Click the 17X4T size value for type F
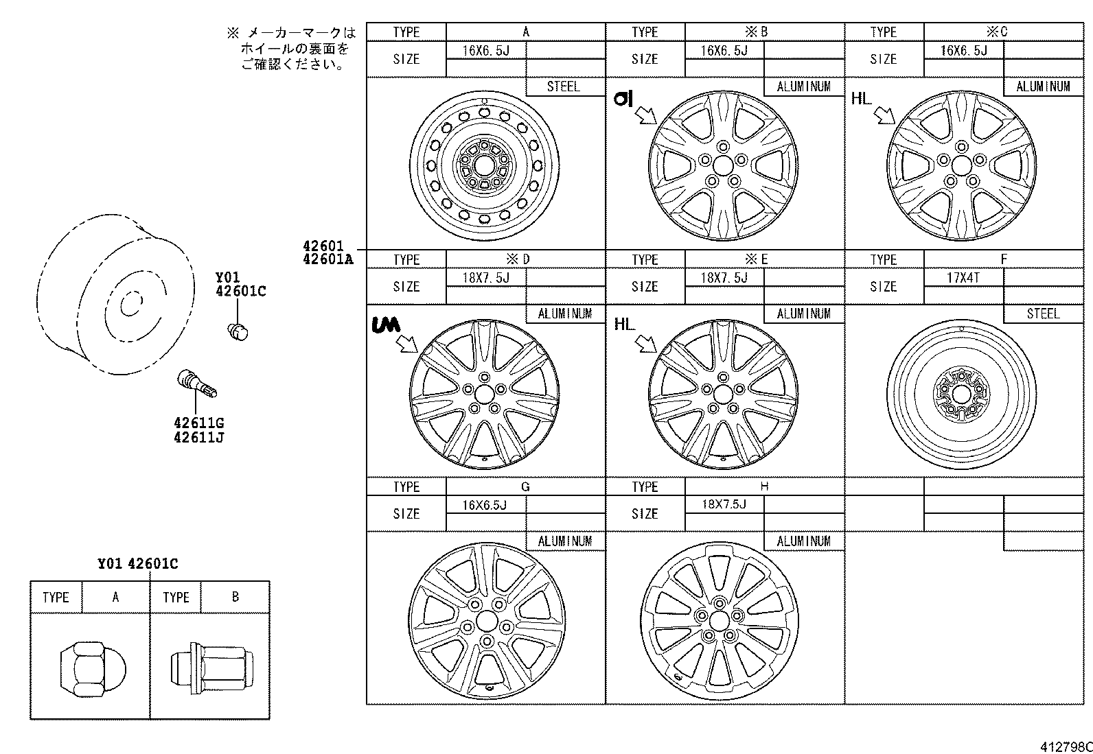click(x=963, y=278)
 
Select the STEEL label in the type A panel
click(x=563, y=86)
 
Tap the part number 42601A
click(x=327, y=259)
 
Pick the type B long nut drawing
click(x=211, y=665)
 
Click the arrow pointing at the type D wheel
click(x=406, y=343)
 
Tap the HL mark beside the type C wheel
click(x=860, y=99)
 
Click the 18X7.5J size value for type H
click(x=723, y=504)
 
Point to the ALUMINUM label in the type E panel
click(x=803, y=314)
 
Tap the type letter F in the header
click(x=1003, y=259)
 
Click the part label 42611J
click(x=198, y=438)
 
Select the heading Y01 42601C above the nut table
click(x=137, y=564)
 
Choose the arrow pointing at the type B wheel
click(x=645, y=115)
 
